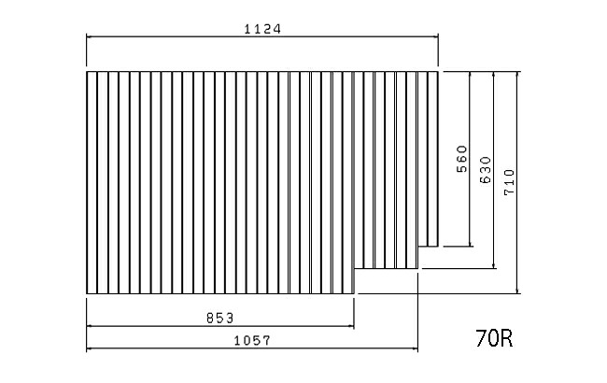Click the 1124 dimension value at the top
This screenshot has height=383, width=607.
[x=262, y=29]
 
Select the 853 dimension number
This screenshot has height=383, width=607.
[x=219, y=319]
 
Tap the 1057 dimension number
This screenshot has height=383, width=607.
[x=252, y=341]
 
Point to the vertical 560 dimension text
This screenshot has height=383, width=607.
[x=462, y=159]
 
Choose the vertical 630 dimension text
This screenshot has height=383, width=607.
[x=486, y=170]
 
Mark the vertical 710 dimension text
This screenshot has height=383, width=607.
[x=510, y=182]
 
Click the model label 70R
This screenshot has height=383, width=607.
[x=494, y=338]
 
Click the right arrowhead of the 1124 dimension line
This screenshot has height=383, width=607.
[x=436, y=36]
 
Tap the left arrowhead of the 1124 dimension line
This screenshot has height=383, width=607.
[x=89, y=36]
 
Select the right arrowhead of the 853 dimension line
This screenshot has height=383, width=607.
[x=351, y=326]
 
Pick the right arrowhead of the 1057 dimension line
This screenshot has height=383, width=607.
[x=416, y=349]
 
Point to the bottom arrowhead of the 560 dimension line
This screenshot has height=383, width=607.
[x=470, y=244]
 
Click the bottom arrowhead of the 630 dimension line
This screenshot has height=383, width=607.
[x=494, y=265]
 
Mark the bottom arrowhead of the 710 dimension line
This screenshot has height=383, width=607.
[x=517, y=291]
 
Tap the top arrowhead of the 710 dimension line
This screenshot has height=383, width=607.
[x=517, y=75]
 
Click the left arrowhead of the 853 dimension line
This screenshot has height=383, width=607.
[x=89, y=326]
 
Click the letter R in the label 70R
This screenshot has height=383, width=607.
[x=507, y=338]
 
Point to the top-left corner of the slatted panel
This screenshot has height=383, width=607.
[x=87, y=72]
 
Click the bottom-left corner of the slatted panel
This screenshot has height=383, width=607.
[x=87, y=293]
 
